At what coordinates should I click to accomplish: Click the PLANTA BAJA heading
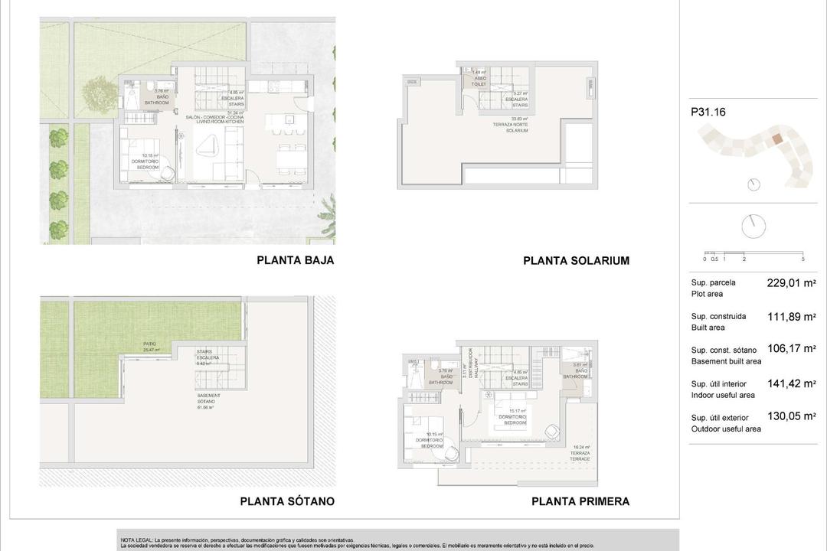295,260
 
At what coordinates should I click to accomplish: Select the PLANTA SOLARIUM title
576,261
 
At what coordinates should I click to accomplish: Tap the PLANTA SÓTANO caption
287,501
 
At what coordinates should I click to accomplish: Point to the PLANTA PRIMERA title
580,501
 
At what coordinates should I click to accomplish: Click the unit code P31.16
708,112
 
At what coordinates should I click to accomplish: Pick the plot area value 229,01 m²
791,282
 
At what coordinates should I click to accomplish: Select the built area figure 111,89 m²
791,316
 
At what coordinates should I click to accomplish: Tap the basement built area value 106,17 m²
791,350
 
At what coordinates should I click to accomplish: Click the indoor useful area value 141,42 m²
791,383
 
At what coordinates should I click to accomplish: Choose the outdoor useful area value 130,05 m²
791,417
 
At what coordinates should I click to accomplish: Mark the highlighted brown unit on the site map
776,139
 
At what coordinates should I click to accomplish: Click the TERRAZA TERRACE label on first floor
580,452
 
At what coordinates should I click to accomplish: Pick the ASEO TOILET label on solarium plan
479,77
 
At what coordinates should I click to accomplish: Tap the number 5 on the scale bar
802,259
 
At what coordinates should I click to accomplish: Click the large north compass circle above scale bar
753,226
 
